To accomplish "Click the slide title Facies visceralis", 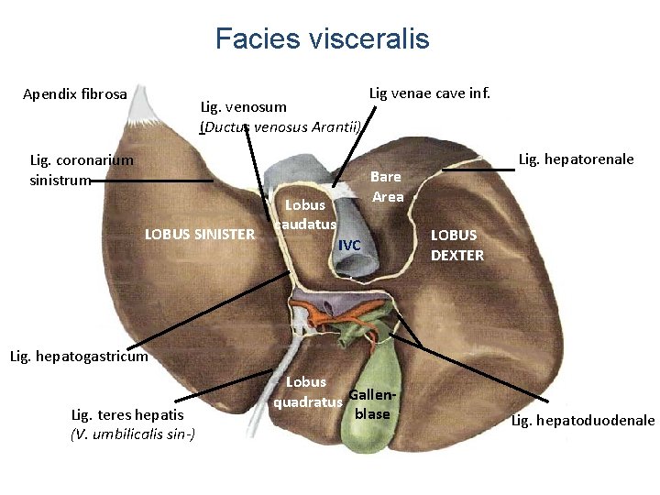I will pyautogui.click(x=322, y=38).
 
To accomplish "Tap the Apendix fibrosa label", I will pyautogui.click(x=75, y=93).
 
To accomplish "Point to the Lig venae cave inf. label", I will pyautogui.click(x=429, y=93).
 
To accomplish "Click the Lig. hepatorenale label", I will pyautogui.click(x=576, y=159).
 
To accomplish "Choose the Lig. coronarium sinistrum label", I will pyautogui.click(x=82, y=170).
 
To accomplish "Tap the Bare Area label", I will pyautogui.click(x=388, y=186).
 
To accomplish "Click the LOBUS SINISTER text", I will pyautogui.click(x=200, y=234).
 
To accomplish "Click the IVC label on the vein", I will pyautogui.click(x=350, y=245).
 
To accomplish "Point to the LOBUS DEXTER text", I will pyautogui.click(x=457, y=245).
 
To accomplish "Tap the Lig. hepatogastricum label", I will pyautogui.click(x=78, y=357).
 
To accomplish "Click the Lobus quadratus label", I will pyautogui.click(x=307, y=390).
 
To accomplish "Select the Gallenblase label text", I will pyautogui.click(x=371, y=404).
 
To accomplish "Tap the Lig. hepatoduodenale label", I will pyautogui.click(x=583, y=421).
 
